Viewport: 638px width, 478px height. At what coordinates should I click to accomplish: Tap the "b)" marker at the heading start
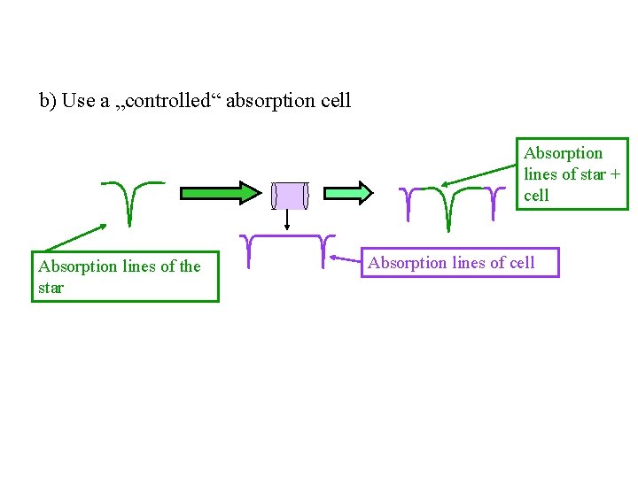[x=48, y=100]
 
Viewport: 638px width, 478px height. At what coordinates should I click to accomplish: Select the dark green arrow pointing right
[x=221, y=194]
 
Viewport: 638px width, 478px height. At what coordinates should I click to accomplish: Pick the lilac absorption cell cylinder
[x=289, y=196]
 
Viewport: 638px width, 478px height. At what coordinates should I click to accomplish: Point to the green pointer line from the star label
[x=74, y=237]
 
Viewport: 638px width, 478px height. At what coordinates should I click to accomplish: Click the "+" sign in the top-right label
[x=615, y=174]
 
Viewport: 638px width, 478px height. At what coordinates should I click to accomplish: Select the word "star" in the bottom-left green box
[x=51, y=288]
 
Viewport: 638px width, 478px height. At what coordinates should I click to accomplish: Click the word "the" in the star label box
[x=190, y=266]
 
